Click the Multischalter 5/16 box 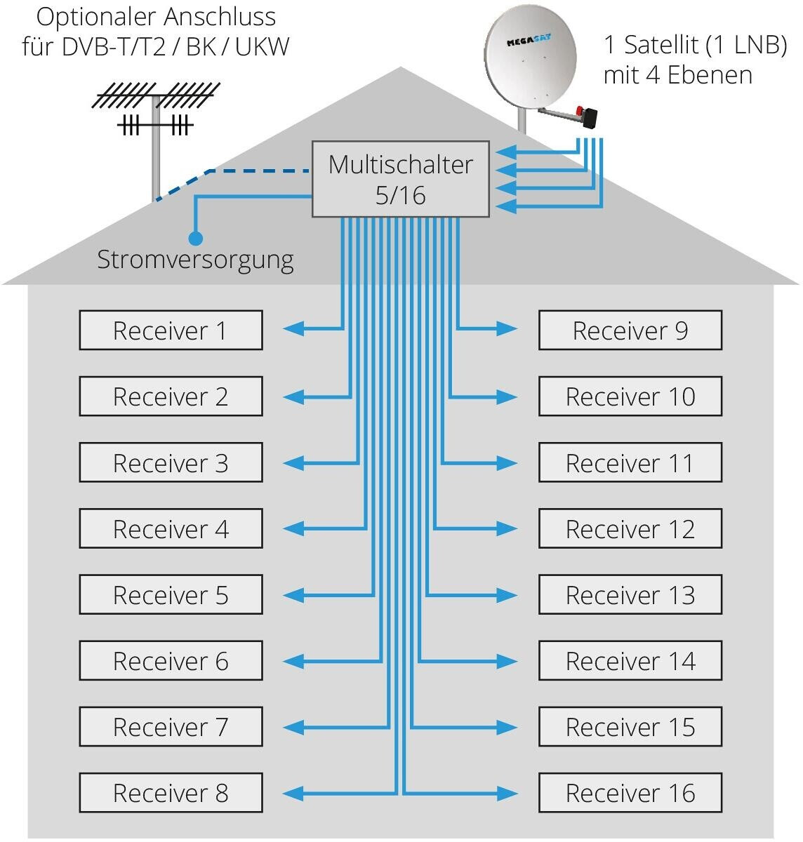click(x=400, y=179)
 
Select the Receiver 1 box click(x=171, y=330)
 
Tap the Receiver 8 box click(x=171, y=793)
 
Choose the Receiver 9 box click(x=630, y=330)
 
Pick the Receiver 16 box click(x=630, y=793)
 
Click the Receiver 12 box click(x=630, y=529)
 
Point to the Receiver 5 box click(x=171, y=595)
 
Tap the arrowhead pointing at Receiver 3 click(x=293, y=463)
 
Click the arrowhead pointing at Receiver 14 click(x=507, y=661)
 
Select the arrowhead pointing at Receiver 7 click(x=293, y=727)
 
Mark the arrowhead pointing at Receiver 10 click(x=507, y=397)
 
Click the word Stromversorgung click(x=195, y=260)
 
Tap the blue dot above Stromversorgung click(x=196, y=239)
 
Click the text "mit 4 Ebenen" click(x=677, y=75)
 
